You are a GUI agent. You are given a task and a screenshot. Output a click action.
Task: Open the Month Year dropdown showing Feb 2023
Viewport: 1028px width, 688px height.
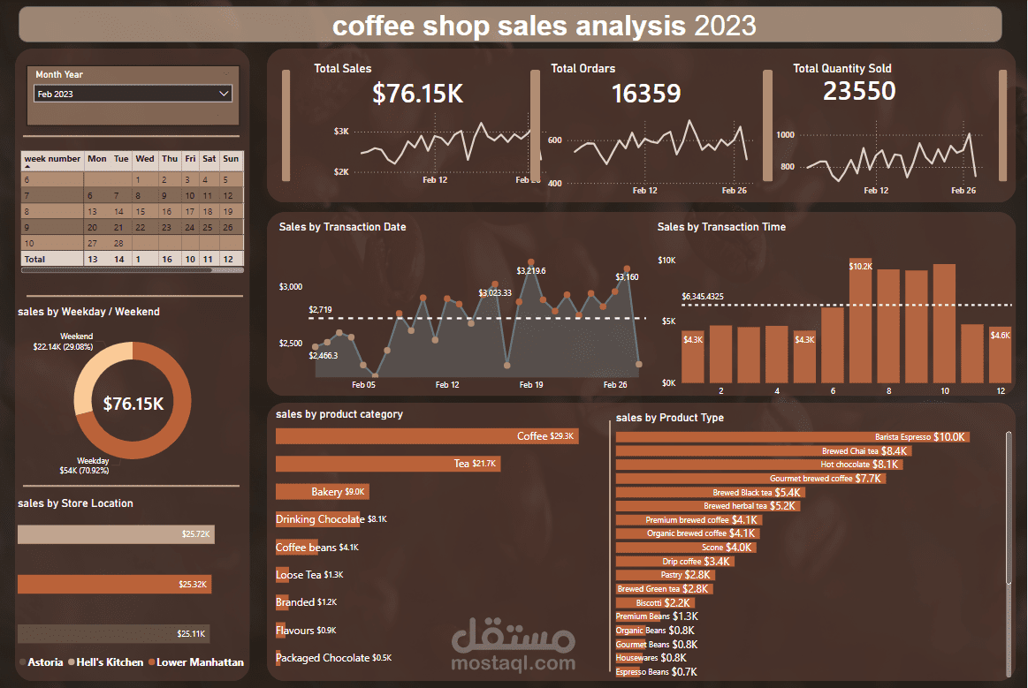(133, 94)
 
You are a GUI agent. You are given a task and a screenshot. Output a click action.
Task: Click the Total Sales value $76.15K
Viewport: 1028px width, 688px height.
(417, 94)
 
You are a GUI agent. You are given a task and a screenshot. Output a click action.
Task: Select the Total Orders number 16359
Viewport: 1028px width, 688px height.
(646, 94)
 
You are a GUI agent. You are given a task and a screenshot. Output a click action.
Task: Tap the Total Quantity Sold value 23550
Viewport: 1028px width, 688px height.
(859, 91)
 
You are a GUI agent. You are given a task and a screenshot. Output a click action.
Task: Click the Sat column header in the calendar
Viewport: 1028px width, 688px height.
(209, 159)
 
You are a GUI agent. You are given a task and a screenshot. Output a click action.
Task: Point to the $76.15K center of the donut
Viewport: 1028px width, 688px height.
(133, 404)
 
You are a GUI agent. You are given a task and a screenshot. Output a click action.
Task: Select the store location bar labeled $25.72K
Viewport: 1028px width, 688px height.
(116, 534)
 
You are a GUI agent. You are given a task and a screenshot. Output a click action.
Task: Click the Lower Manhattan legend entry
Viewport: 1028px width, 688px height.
(200, 662)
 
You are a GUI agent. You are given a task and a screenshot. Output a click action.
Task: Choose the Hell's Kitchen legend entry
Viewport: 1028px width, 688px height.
(110, 662)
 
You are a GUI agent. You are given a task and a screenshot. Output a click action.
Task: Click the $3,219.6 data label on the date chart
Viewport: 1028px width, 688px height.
(531, 270)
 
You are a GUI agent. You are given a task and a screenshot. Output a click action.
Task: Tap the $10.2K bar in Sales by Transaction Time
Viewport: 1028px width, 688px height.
(860, 322)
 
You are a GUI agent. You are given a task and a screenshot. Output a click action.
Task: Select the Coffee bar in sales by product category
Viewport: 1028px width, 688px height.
(427, 436)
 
